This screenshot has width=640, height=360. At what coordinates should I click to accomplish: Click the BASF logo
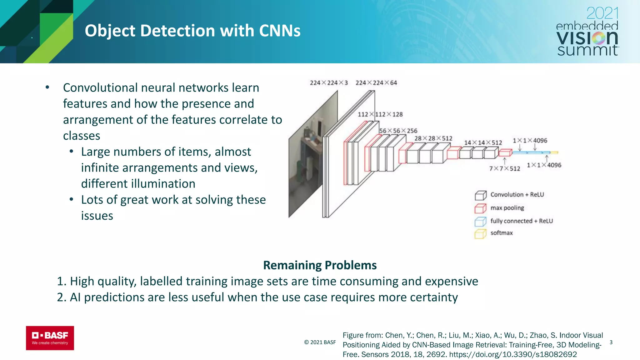(x=50, y=338)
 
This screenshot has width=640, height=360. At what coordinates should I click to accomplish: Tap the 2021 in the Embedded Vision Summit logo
(x=602, y=13)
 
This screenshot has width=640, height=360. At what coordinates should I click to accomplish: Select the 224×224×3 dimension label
(x=328, y=83)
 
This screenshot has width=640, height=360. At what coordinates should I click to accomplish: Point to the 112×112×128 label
(x=380, y=114)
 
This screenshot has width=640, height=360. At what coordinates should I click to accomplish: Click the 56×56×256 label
(x=398, y=131)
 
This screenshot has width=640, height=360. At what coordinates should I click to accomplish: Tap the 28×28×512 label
(x=433, y=138)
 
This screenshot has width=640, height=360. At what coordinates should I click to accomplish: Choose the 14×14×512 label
(x=483, y=142)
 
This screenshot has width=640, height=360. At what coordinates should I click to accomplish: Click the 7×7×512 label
(x=504, y=169)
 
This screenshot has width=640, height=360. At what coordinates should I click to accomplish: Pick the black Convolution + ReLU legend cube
(x=481, y=196)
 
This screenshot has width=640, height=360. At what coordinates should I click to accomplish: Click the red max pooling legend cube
(x=481, y=208)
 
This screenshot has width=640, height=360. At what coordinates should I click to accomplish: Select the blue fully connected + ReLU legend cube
(x=481, y=222)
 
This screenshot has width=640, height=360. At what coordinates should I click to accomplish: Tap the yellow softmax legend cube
(x=481, y=234)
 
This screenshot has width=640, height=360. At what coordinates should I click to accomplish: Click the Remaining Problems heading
(x=320, y=265)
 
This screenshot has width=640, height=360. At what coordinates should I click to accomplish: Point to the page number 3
(x=611, y=342)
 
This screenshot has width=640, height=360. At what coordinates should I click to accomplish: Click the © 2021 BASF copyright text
(x=320, y=342)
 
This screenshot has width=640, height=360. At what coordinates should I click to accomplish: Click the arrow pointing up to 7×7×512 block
(x=504, y=161)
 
